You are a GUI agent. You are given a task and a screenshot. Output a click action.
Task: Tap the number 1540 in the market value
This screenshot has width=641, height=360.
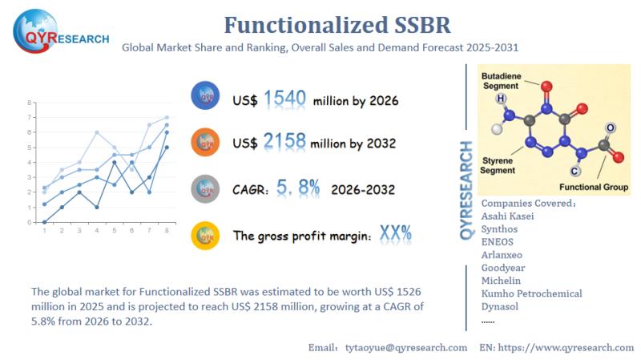[x=285, y=99]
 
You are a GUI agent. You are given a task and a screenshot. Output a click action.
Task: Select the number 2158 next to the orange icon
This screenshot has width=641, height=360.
[x=285, y=142]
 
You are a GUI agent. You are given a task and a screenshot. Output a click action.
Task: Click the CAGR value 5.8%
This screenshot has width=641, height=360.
[x=298, y=188]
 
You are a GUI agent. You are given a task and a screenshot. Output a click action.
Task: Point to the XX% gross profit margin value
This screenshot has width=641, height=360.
[x=394, y=234]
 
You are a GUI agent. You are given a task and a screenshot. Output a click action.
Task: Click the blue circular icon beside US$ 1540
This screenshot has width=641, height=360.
[x=205, y=96]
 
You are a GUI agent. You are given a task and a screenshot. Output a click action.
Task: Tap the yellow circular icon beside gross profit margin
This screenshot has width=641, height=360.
[x=205, y=235]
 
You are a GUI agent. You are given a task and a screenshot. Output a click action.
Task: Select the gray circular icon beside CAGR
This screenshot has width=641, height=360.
[x=205, y=189]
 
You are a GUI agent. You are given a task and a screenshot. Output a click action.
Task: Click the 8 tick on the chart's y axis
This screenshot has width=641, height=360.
[x=30, y=103]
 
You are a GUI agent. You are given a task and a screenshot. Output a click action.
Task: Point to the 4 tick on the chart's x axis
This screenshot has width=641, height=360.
[x=96, y=231]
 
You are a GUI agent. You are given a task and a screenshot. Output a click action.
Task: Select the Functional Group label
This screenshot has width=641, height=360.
[x=599, y=186]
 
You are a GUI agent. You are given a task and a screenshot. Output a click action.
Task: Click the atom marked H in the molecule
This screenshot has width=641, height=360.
[x=501, y=99]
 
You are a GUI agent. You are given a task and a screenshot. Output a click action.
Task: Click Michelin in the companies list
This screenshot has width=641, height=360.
[x=501, y=281]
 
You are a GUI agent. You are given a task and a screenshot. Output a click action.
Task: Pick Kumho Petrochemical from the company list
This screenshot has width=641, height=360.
[x=531, y=293]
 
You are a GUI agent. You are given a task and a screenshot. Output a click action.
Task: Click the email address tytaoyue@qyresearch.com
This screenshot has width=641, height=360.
[x=405, y=347]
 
